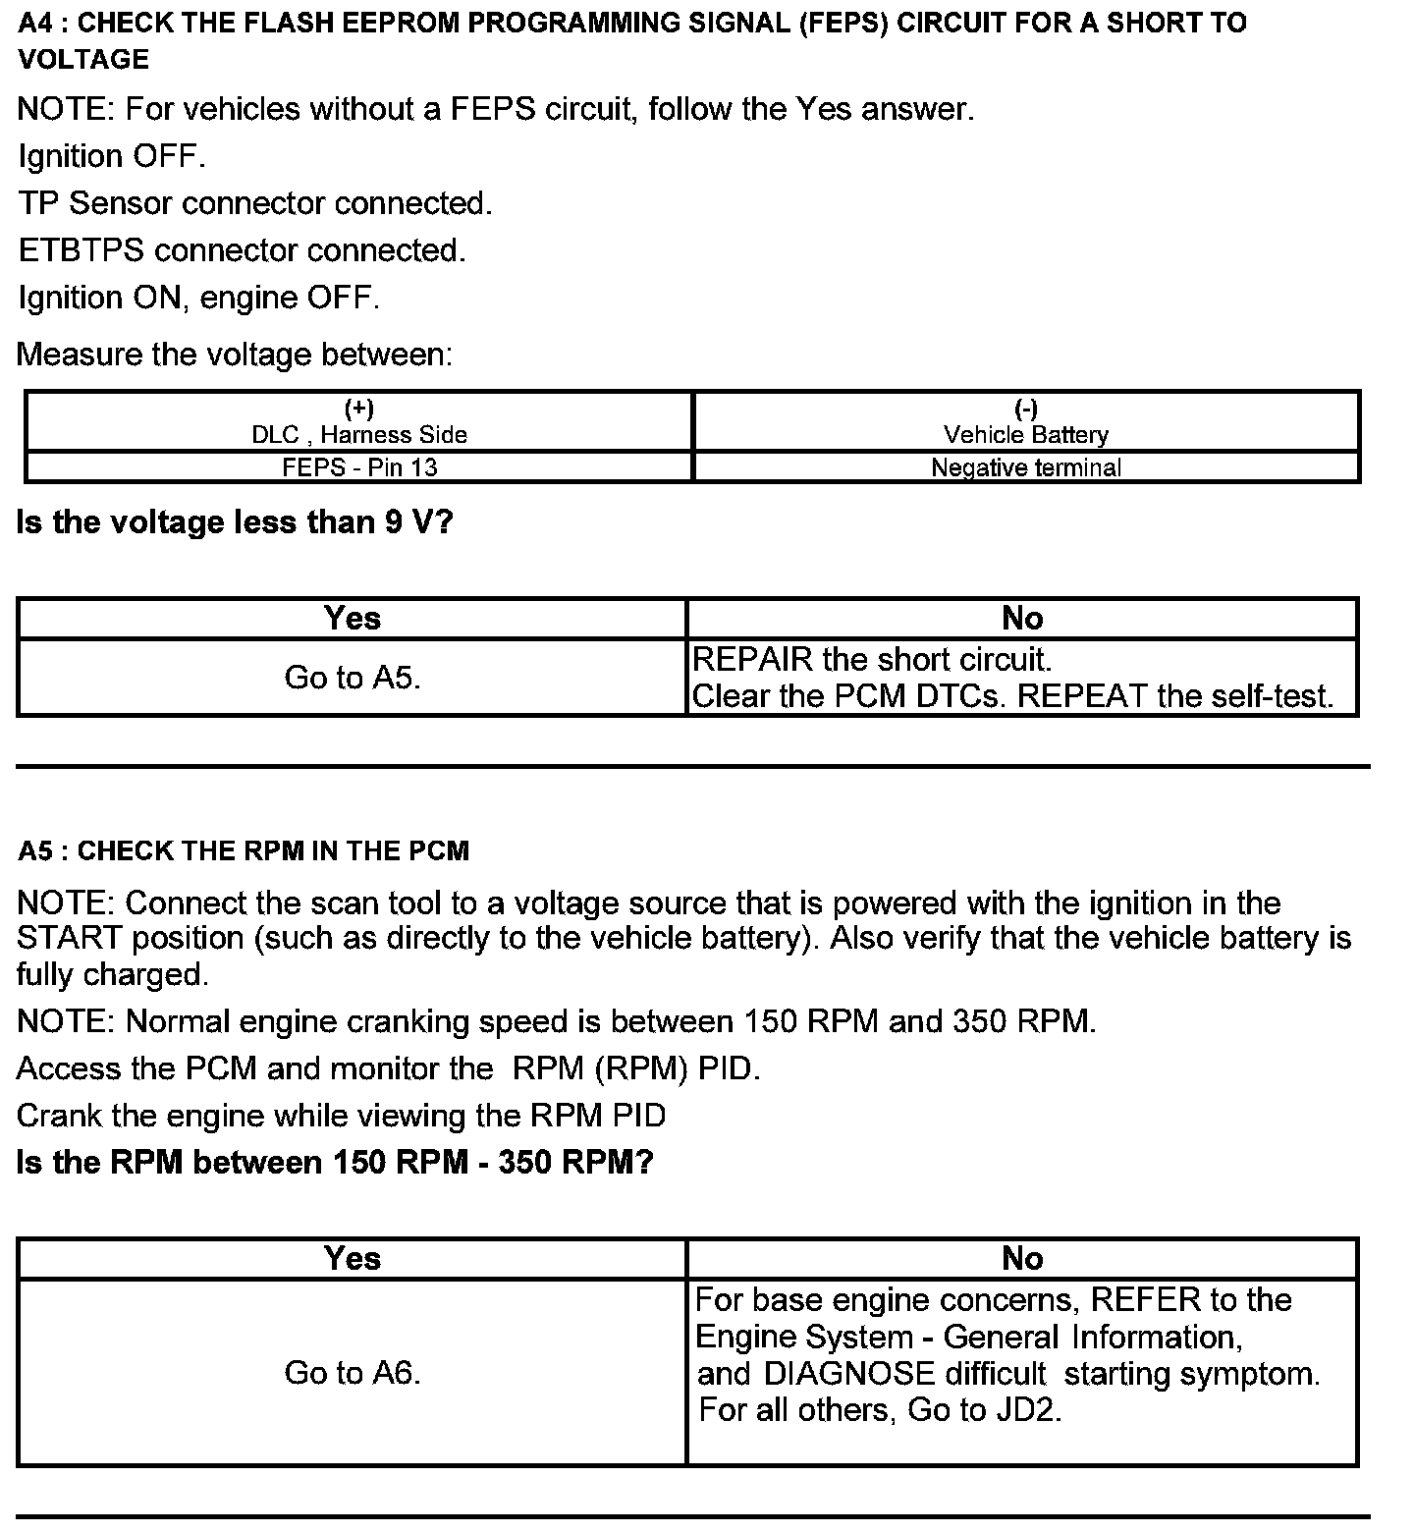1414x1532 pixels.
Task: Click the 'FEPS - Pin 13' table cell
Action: click(359, 467)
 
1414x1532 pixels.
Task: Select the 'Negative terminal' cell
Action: click(1025, 467)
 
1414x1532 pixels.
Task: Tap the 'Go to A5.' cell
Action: click(352, 678)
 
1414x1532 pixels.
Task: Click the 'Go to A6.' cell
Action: click(352, 1372)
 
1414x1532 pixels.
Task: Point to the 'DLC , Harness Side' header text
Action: click(359, 435)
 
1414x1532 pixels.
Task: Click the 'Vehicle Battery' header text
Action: click(1025, 435)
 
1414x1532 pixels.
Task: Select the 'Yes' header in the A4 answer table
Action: click(352, 619)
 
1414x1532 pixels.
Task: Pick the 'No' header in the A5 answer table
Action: click(1021, 1259)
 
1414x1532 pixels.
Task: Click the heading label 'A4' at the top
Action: click(34, 24)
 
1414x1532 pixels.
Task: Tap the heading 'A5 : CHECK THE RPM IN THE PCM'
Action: click(244, 850)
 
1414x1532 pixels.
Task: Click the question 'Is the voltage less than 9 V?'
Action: click(235, 522)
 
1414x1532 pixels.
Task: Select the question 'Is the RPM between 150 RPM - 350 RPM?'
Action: click(335, 1163)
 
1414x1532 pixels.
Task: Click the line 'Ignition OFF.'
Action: click(112, 156)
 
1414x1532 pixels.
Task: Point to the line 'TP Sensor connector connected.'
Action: click(255, 203)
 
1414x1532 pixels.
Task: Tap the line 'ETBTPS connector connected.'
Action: click(242, 250)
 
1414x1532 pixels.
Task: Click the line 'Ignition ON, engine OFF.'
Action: click(198, 298)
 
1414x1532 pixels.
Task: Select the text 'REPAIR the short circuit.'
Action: click(872, 659)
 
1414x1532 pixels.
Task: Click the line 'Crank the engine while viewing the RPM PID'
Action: click(341, 1116)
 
